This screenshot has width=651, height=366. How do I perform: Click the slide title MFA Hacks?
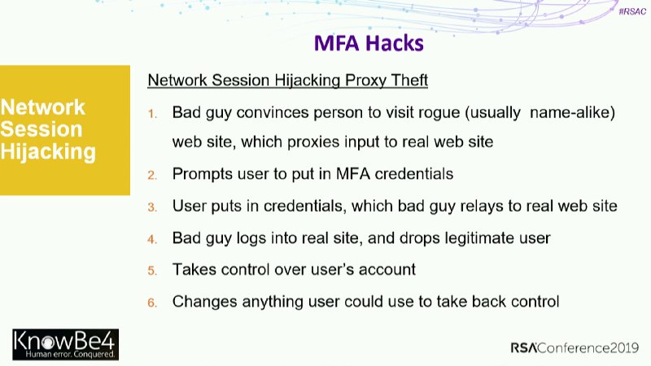click(369, 43)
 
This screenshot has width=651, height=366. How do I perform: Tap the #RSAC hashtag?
click(632, 11)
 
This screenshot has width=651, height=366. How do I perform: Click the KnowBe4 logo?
click(66, 344)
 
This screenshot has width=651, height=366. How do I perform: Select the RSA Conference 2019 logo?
click(575, 348)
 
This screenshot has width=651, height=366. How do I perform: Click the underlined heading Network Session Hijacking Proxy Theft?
click(288, 80)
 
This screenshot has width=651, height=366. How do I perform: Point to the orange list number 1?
click(153, 114)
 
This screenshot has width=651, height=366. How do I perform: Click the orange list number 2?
click(152, 175)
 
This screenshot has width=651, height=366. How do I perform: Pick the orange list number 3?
click(152, 207)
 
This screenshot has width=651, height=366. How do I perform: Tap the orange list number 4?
click(152, 239)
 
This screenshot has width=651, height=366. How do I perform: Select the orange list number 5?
click(152, 271)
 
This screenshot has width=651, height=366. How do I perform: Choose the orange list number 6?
click(152, 303)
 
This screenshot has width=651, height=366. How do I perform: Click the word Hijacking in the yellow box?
click(48, 152)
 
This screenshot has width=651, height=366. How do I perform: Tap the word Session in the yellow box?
click(42, 129)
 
